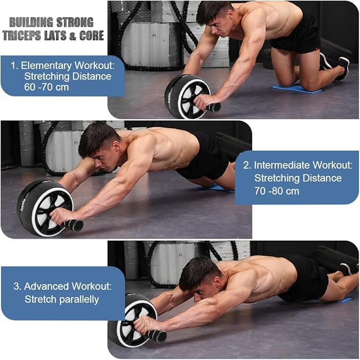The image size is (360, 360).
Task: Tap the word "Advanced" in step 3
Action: coord(48,286)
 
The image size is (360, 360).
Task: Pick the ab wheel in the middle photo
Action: coord(45,207)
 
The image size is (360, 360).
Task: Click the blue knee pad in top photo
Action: coord(297,89)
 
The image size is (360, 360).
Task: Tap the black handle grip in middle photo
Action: coord(74,225)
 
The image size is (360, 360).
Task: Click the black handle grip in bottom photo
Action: coord(157,336)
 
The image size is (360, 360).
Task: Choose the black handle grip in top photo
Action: coord(214,108)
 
